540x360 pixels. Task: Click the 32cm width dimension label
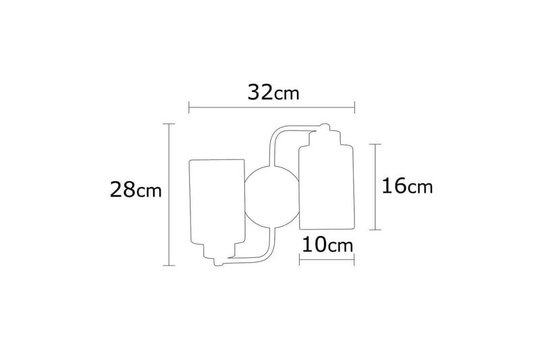(x=272, y=92)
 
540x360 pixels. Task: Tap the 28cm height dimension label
(x=136, y=190)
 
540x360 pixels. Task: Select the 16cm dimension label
(x=407, y=186)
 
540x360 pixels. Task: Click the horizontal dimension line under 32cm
(x=271, y=106)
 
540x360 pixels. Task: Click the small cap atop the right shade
(x=325, y=128)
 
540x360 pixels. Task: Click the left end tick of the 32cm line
(x=189, y=106)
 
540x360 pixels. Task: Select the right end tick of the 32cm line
(x=354, y=106)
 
